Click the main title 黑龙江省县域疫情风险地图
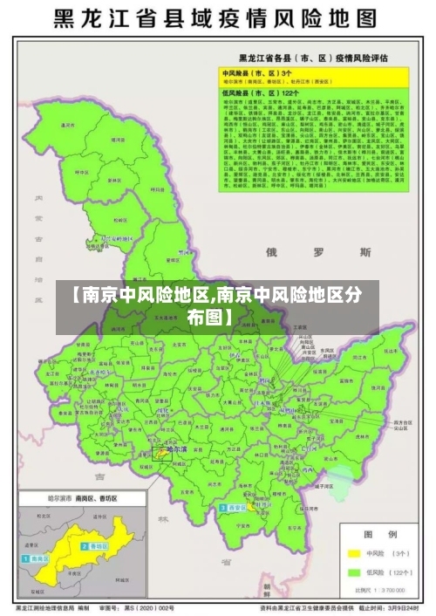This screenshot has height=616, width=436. pos(218,18)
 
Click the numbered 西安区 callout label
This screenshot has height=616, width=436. pos(235,507)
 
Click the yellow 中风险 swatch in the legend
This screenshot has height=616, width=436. pos(353,553)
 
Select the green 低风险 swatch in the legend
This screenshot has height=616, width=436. pos(353,573)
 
